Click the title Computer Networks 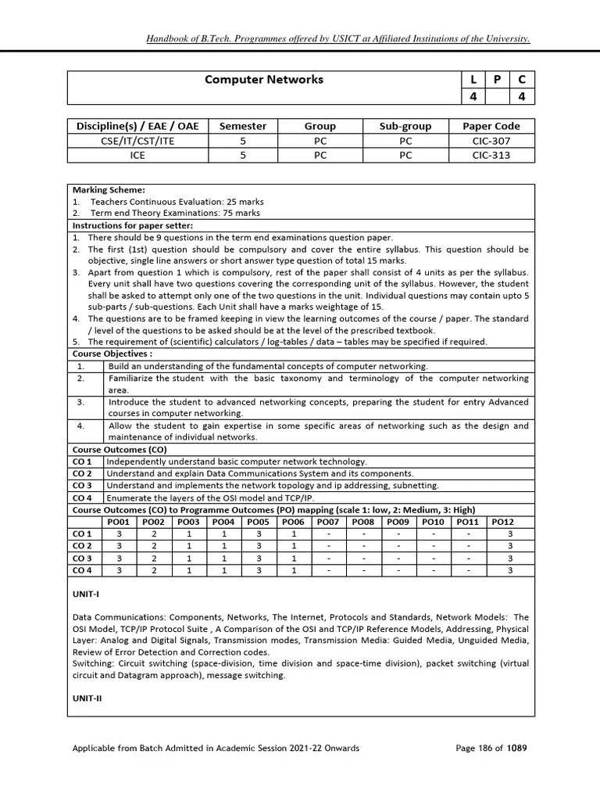(x=263, y=80)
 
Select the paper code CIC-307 (x=491, y=141)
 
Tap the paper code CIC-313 (x=491, y=155)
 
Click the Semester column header (x=242, y=126)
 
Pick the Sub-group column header (x=405, y=126)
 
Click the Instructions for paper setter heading (x=133, y=225)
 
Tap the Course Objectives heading (x=112, y=354)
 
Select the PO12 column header (x=502, y=522)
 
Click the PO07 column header (x=328, y=522)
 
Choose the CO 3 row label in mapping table (x=82, y=559)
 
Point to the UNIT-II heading (x=87, y=698)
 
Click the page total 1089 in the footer (x=516, y=748)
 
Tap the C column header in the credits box (x=521, y=80)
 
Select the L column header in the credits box (x=473, y=80)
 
